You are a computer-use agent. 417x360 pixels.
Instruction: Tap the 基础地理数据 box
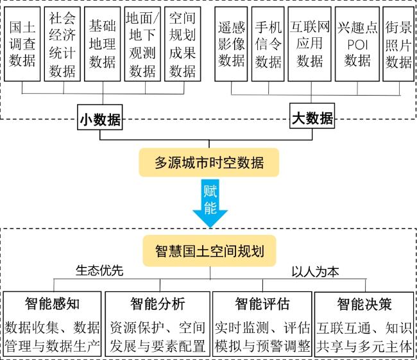click(x=103, y=44)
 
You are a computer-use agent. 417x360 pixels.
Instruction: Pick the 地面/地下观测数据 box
click(x=142, y=44)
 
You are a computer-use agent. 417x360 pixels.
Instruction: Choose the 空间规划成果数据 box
click(x=182, y=44)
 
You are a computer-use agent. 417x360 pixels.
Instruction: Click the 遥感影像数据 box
click(x=232, y=44)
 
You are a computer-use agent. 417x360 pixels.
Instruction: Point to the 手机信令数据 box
click(x=268, y=44)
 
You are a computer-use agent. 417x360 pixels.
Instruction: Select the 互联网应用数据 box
click(x=310, y=44)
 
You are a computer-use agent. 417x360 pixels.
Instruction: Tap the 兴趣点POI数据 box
click(x=357, y=44)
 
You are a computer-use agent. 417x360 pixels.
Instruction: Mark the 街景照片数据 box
click(x=398, y=44)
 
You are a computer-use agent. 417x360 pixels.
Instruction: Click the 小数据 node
click(x=100, y=118)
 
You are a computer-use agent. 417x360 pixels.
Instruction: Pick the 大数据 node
click(x=312, y=118)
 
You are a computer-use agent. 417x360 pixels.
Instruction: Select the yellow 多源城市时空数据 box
click(x=210, y=162)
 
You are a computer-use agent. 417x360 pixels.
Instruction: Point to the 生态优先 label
click(x=99, y=270)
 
